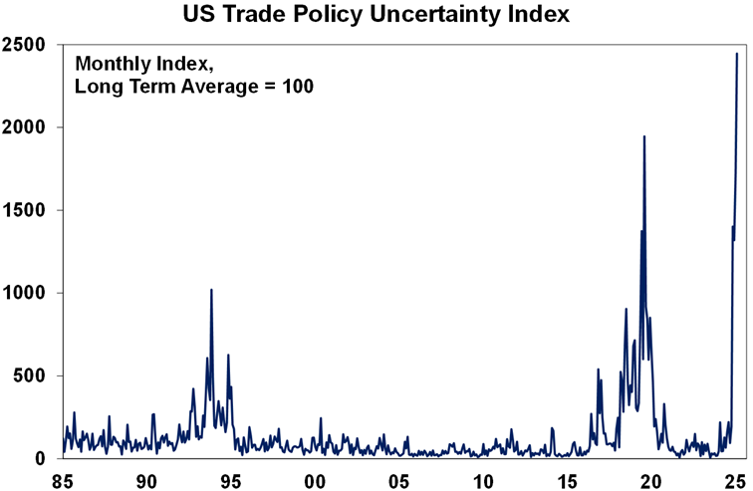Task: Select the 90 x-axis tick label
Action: point(146,479)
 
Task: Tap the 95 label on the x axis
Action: point(231,479)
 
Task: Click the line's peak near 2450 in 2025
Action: point(737,54)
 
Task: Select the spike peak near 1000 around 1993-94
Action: point(211,290)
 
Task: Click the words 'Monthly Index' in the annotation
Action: point(133,63)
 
